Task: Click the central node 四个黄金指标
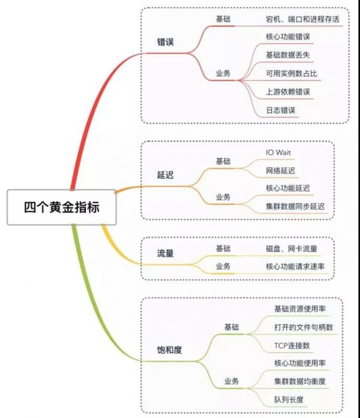point(61,208)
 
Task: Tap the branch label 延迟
point(166,175)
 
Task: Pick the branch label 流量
point(166,254)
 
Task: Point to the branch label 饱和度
point(170,348)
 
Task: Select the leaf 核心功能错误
point(288,37)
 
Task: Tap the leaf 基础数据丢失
point(288,55)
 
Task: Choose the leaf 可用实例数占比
point(292,74)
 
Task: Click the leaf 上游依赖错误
point(288,92)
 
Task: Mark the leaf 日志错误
point(280,111)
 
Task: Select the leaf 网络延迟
point(280,171)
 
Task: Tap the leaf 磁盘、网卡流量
point(292,248)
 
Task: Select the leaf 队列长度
point(289,399)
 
